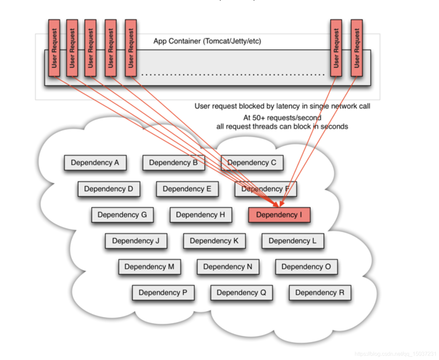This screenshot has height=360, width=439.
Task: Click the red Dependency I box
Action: pyautogui.click(x=279, y=215)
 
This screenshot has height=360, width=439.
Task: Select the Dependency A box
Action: pyautogui.click(x=95, y=163)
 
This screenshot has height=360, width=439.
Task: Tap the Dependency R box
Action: pyautogui.click(x=320, y=293)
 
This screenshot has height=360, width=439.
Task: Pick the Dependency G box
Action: pyautogui.click(x=122, y=215)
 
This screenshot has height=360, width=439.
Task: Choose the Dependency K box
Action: pyautogui.click(x=214, y=241)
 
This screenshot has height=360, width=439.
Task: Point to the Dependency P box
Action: pyautogui.click(x=163, y=293)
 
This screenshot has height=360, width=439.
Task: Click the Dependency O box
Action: pyautogui.click(x=306, y=267)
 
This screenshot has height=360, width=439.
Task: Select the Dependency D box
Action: pyautogui.click(x=109, y=189)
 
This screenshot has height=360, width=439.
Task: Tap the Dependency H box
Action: pyautogui.click(x=201, y=215)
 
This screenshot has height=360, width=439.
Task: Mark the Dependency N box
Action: pyautogui.click(x=228, y=267)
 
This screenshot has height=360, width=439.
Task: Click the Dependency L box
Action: pyautogui.click(x=292, y=241)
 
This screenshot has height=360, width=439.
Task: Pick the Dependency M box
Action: pyautogui.click(x=150, y=267)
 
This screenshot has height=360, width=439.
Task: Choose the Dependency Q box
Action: pyautogui.click(x=241, y=293)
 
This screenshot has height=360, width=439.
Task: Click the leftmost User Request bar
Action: pyautogui.click(x=54, y=48)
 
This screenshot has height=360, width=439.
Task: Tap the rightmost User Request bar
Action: pyautogui.click(x=357, y=48)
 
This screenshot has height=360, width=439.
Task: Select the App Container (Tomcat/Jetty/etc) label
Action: pyautogui.click(x=207, y=41)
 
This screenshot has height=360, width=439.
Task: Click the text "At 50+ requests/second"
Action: pyautogui.click(x=282, y=118)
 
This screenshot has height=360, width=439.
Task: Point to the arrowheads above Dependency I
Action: pyautogui.click(x=279, y=204)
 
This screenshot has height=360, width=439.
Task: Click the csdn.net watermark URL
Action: pyautogui.click(x=395, y=354)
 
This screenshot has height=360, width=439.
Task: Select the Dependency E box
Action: pyautogui.click(x=187, y=189)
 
